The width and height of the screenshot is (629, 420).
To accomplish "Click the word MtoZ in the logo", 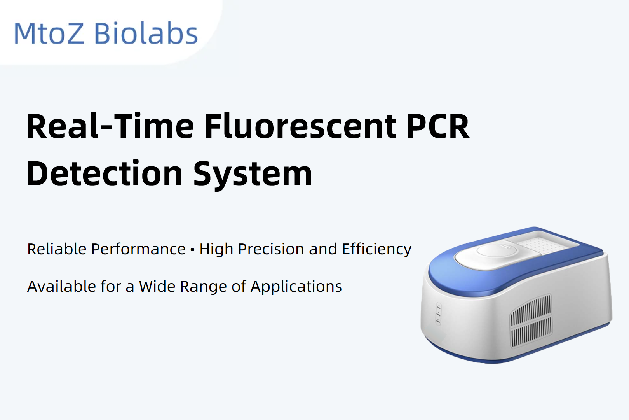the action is (x=49, y=33).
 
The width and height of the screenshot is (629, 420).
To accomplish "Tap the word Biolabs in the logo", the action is (x=146, y=33).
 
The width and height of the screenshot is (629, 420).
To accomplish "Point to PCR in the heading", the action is (x=438, y=126).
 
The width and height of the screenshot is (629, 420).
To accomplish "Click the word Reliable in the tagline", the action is (x=57, y=249).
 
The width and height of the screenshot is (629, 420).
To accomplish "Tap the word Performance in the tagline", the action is (x=138, y=249).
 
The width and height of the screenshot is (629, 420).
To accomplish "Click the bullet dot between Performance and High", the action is (x=192, y=250).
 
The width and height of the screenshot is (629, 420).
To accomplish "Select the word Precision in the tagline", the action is (x=271, y=249).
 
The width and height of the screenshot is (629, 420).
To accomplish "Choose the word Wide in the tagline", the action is (x=157, y=286).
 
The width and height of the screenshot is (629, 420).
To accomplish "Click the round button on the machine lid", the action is (x=497, y=250).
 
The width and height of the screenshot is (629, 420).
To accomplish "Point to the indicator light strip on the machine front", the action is (x=438, y=314).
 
